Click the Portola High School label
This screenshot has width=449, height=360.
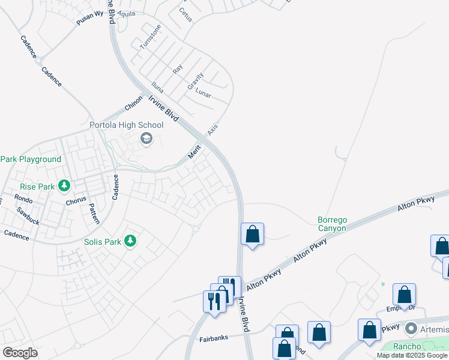tap(126, 125)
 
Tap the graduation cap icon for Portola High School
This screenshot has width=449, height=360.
tap(146, 139)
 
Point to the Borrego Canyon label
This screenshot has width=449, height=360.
tap(332, 224)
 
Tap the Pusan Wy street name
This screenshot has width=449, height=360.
tap(89, 18)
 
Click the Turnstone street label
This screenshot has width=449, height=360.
tap(151, 37)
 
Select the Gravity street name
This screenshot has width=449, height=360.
tap(196, 81)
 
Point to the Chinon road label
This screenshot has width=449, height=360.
tap(133, 103)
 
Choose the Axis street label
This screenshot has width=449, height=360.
tap(212, 129)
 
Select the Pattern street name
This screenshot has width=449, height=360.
tap(94, 213)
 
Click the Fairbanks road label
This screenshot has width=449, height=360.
tap(214, 338)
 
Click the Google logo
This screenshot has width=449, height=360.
tap(20, 353)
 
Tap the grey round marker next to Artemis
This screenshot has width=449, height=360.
tap(411, 329)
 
